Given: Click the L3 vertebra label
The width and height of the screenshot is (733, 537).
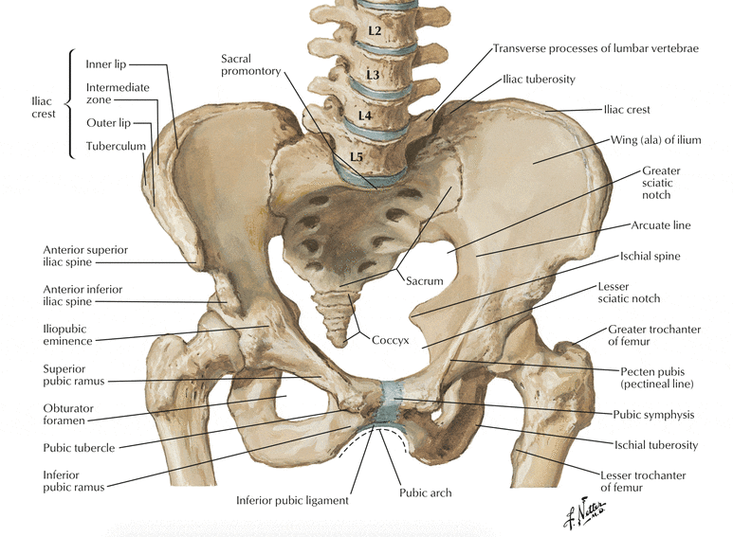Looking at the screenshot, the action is tap(373, 74).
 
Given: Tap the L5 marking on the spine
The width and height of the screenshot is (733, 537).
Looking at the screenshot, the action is tap(357, 156).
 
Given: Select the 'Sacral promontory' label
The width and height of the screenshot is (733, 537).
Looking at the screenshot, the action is tap(250, 65).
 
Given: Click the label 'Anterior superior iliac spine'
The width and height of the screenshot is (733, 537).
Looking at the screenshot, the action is tap(85, 256).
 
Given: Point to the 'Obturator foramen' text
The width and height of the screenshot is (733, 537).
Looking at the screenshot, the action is tap(68, 414).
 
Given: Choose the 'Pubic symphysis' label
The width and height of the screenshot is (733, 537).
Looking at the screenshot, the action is tap(653, 415).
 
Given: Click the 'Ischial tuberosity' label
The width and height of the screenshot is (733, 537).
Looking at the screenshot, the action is tap(656, 445).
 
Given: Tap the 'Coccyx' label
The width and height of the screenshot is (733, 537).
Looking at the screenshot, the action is tap(391, 340).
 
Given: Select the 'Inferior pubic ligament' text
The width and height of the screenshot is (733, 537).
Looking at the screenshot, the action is tap(292, 501).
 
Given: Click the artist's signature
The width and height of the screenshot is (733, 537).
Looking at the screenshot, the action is tap(585, 512).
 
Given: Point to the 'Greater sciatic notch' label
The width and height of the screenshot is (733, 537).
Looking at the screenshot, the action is tap(661, 183).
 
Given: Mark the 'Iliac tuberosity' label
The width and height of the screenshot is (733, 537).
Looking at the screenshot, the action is tap(539, 80).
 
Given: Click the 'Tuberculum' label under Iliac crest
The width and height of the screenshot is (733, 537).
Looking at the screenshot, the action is tap(116, 146).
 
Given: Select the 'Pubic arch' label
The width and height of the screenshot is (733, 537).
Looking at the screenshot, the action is tap(426, 492).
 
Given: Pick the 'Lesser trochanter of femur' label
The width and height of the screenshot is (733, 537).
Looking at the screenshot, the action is tap(643, 481).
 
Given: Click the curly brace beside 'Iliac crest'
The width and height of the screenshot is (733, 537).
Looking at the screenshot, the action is tap(69, 103).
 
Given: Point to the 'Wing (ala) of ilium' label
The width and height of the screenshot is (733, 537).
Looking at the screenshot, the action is tap(656, 140).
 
